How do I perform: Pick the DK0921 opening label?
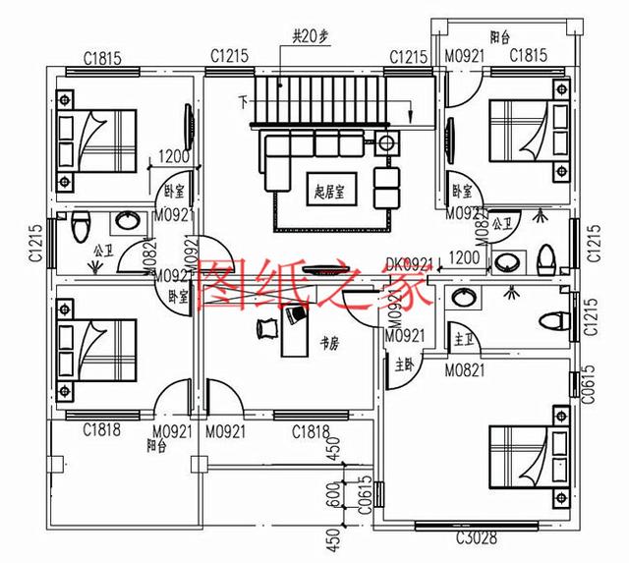[409, 262]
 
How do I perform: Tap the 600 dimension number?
[332, 497]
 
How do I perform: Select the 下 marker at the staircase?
[243, 101]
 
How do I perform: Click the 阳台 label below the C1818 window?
[155, 444]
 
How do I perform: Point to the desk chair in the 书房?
[265, 329]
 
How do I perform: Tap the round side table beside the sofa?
[388, 143]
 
